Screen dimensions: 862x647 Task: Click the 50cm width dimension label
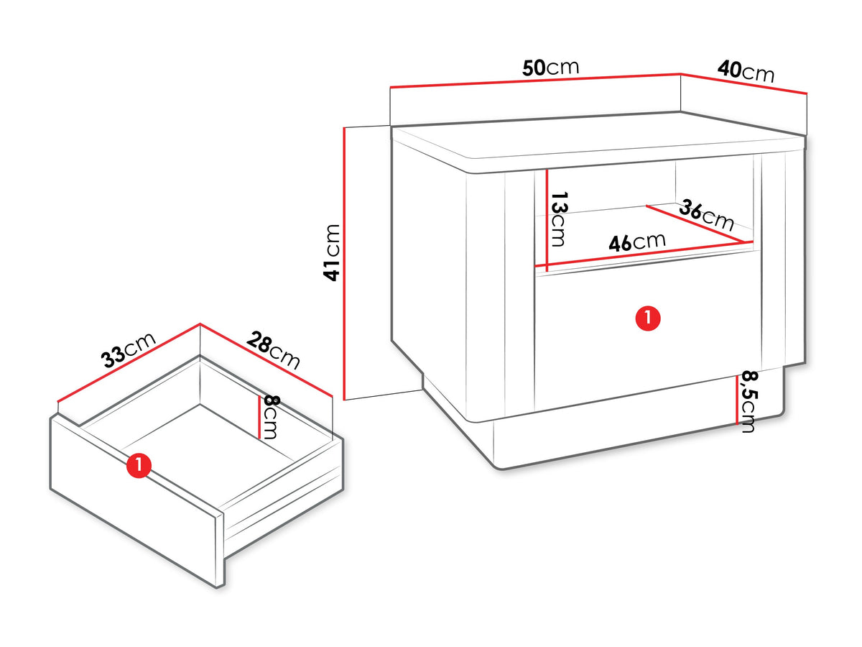[550, 68]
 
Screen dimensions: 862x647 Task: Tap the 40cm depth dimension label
[746, 71]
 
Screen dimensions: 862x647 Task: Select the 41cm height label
[331, 252]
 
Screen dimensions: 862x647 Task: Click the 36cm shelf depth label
[707, 215]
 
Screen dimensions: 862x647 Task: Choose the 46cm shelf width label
[637, 242]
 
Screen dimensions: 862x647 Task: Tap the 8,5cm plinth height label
[749, 401]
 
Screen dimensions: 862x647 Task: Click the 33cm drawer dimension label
[129, 350]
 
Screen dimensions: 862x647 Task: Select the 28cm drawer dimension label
[274, 350]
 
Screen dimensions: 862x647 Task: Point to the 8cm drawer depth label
[271, 417]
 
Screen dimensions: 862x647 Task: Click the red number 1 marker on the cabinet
[648, 318]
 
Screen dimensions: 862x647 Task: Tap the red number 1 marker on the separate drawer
[139, 466]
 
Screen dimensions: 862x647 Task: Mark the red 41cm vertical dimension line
[344, 263]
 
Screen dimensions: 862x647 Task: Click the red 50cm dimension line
[535, 80]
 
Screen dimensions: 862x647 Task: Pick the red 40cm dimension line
[743, 83]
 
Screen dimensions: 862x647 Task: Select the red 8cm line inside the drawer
[259, 418]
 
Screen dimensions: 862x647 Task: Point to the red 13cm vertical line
[547, 221]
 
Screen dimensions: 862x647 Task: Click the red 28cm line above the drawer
[267, 360]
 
